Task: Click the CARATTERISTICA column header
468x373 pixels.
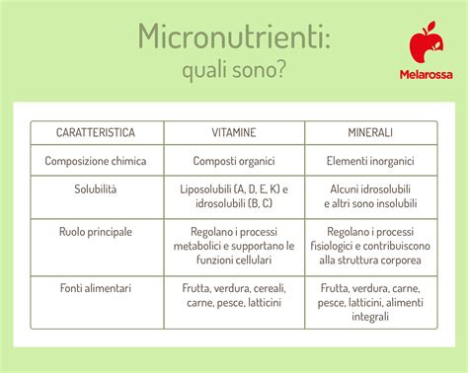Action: [96, 132]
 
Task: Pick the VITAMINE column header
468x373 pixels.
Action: [233, 132]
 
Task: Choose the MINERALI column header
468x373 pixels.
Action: [370, 132]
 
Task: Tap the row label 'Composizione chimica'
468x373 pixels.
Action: [96, 160]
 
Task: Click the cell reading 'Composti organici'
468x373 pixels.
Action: [233, 160]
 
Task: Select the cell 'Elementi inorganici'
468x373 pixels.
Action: [370, 160]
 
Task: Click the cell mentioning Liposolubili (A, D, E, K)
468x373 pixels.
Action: [233, 188]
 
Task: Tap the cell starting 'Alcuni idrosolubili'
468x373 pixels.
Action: [370, 195]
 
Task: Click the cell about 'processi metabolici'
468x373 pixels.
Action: [233, 246]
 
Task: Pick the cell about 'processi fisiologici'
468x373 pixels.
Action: [370, 246]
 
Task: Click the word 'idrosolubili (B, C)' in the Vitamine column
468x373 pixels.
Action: [233, 203]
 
